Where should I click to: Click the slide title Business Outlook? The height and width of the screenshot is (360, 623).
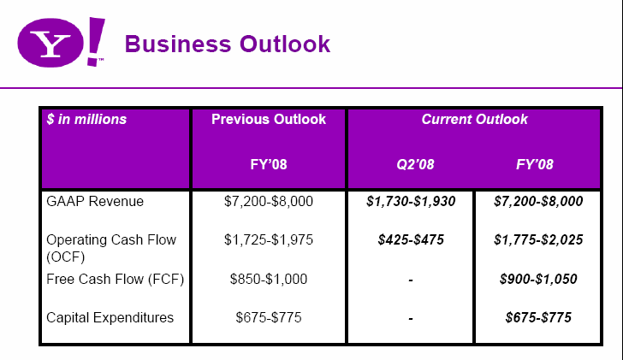tap(228, 44)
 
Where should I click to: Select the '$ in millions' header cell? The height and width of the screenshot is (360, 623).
tap(86, 120)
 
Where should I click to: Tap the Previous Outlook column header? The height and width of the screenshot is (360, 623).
tap(269, 120)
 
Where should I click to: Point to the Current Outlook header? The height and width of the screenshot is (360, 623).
tap(474, 120)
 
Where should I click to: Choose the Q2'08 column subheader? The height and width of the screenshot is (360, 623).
tap(411, 163)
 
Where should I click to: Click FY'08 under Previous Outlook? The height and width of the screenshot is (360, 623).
tap(269, 163)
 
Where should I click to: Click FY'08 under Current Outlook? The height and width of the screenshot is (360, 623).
tap(538, 163)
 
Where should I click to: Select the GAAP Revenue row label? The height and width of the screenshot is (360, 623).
tap(95, 202)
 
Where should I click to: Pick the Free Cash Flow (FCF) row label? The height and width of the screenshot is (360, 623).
tap(116, 279)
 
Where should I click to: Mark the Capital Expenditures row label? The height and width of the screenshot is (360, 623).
tap(110, 318)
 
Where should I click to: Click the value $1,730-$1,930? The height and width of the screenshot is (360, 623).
tap(411, 202)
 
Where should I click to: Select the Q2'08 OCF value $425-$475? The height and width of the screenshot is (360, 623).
tap(411, 240)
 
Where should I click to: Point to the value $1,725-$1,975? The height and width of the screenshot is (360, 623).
tap(269, 240)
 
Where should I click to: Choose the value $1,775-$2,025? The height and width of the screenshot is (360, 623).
tap(538, 240)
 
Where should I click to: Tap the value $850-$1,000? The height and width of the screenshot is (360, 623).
tap(269, 279)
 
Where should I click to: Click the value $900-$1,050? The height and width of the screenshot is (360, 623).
tap(538, 279)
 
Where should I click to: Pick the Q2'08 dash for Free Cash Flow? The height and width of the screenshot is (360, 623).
tap(411, 280)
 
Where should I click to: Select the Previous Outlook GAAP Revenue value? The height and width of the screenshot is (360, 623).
tap(269, 202)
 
